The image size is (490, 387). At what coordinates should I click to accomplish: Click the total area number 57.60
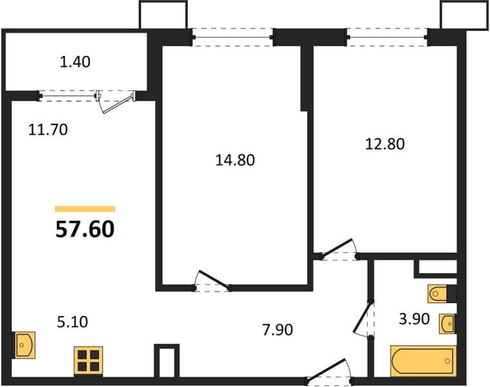coord(85,229)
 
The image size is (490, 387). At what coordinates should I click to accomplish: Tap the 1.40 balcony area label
coord(75,62)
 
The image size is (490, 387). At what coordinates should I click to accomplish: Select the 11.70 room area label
coord(48,130)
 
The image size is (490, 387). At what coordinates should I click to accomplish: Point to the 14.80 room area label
coord(235,160)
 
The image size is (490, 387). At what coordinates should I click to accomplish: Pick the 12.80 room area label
coord(385,144)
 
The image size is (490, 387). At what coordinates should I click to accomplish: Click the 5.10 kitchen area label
coord(72,322)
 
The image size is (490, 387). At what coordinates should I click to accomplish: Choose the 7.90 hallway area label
coord(277,330)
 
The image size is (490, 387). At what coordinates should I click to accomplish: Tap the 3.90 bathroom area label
coord(415,319)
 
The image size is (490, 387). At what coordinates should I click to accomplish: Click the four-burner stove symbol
coord(88,361)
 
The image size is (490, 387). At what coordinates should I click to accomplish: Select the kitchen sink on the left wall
coord(24,345)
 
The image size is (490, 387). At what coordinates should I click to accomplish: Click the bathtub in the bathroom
coord(424,361)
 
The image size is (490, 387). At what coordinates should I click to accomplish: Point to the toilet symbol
coord(442,294)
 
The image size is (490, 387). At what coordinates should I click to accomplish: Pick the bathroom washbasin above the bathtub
coord(447,324)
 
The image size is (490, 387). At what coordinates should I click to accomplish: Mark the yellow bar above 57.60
coord(85,209)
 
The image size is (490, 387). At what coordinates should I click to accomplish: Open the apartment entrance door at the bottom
coord(329,373)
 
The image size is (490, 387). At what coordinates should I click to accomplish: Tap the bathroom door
coord(364,319)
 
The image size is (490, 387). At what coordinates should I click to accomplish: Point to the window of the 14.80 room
coord(233,37)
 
